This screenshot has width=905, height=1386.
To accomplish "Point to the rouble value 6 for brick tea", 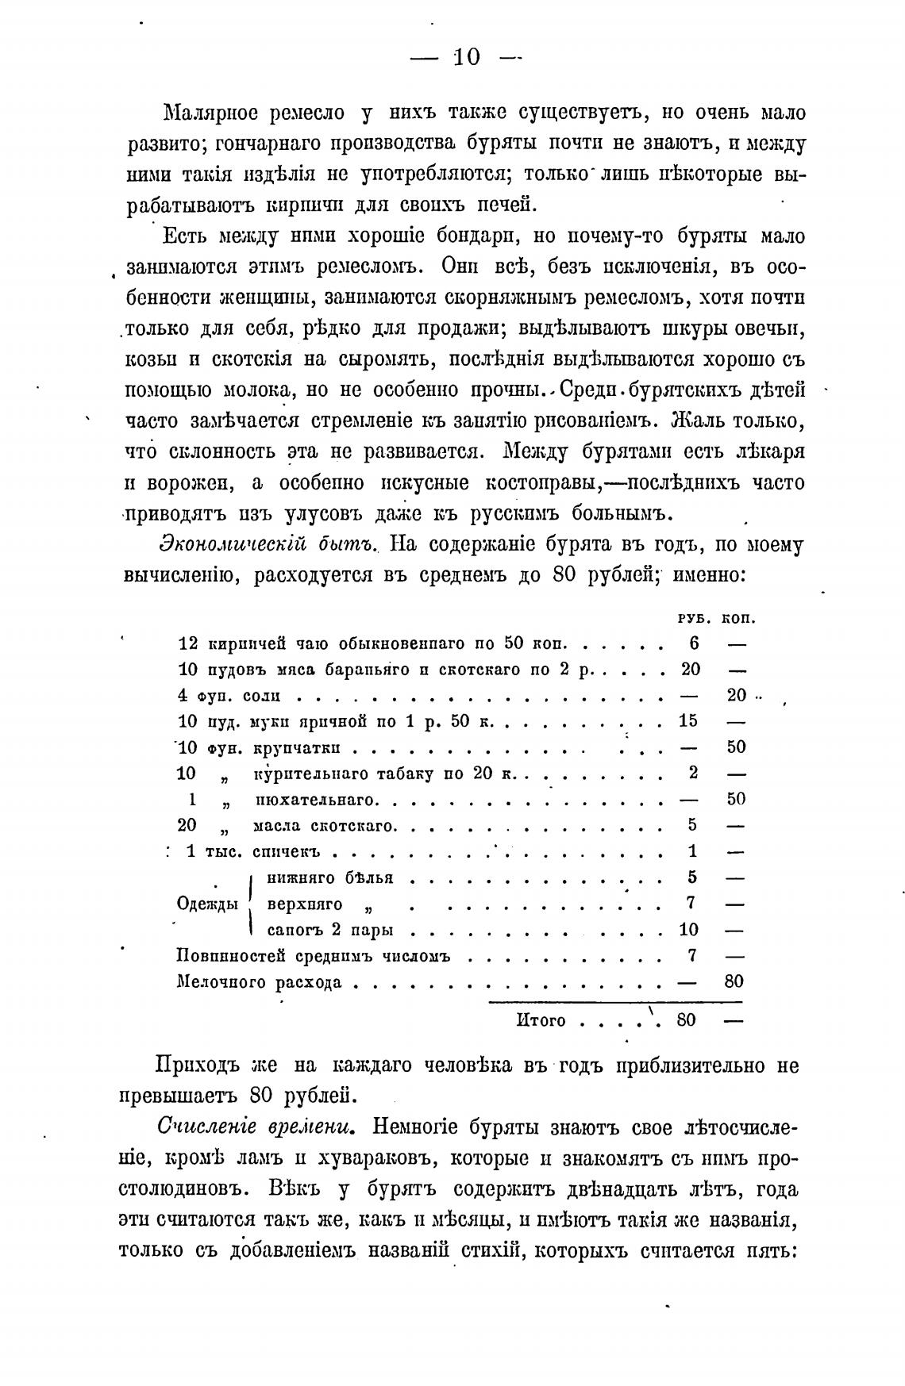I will [x=691, y=643].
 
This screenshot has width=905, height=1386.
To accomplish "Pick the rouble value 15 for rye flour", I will [x=688, y=721].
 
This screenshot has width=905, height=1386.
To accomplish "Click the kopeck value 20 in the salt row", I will [x=737, y=695].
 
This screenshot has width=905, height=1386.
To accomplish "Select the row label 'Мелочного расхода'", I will [x=259, y=983].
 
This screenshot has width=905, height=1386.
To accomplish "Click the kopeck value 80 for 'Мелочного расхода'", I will [x=734, y=982].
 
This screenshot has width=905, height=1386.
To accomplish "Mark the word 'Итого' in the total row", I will [x=541, y=1020].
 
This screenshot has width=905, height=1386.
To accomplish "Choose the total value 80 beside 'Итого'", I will [x=686, y=1020].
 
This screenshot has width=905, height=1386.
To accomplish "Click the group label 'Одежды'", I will [x=207, y=904].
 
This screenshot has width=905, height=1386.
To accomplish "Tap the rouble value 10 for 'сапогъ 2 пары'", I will [x=688, y=930].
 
